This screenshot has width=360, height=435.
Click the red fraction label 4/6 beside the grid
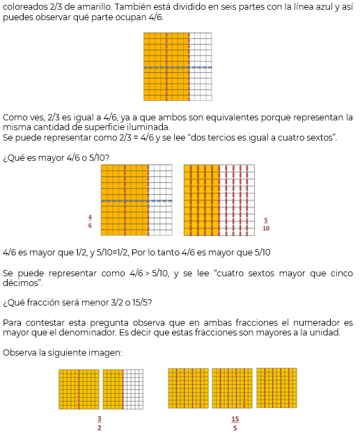pyautogui.click(x=90, y=221)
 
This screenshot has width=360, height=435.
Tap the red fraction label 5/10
pyautogui.click(x=266, y=224)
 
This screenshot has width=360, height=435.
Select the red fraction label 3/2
pyautogui.click(x=100, y=423)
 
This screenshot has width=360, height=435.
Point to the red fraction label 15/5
pyautogui.click(x=235, y=423)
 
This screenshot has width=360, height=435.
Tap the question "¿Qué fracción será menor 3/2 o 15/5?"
pyautogui.click(x=77, y=302)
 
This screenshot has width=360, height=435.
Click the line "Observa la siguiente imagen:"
pyautogui.click(x=63, y=353)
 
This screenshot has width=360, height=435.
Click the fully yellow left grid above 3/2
pyautogui.click(x=79, y=389)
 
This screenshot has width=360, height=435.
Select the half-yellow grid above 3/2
pyautogui.click(x=123, y=389)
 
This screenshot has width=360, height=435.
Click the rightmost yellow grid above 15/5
pyautogui.click(x=276, y=388)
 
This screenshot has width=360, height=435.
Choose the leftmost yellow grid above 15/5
pyautogui.click(x=188, y=388)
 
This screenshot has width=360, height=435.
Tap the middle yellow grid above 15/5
pyautogui.click(x=232, y=388)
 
